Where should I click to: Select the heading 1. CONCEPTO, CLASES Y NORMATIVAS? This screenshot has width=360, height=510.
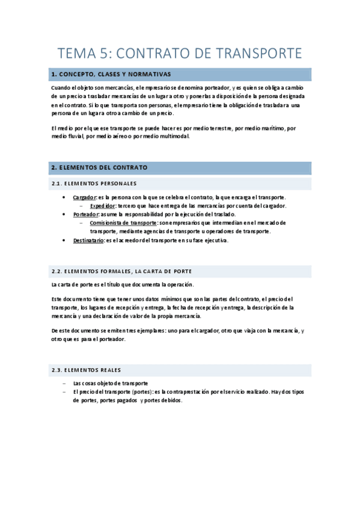tap(111, 75)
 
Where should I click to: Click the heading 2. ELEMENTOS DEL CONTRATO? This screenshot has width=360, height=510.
tap(99, 167)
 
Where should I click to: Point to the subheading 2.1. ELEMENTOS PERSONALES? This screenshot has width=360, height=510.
tap(94, 183)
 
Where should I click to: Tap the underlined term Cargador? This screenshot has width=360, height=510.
tap(84, 197)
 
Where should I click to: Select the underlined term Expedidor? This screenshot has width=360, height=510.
tap(103, 206)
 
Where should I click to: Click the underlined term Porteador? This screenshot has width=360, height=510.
tap(85, 214)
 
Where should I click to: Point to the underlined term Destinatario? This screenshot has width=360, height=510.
tap(88, 241)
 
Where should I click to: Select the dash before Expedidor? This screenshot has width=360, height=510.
tap(82, 206)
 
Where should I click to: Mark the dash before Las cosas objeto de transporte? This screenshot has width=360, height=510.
tap(64, 383)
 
